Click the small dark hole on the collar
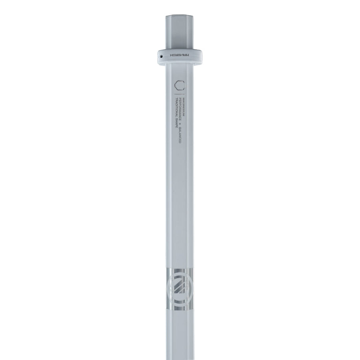(161, 57)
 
